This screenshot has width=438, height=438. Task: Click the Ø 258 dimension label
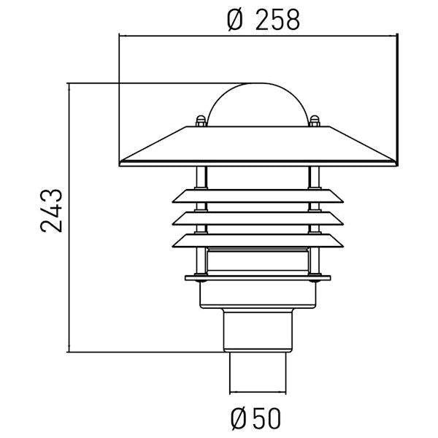[264, 20]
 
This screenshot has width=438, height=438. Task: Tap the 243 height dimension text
[51, 211]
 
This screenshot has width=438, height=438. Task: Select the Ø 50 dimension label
[255, 419]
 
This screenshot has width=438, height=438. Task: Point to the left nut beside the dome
[201, 121]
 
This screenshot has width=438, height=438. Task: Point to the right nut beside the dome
[315, 121]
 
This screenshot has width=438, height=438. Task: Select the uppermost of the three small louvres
[258, 196]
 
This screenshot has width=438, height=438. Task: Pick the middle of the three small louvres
[258, 218]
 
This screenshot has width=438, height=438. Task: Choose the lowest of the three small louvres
[258, 241]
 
